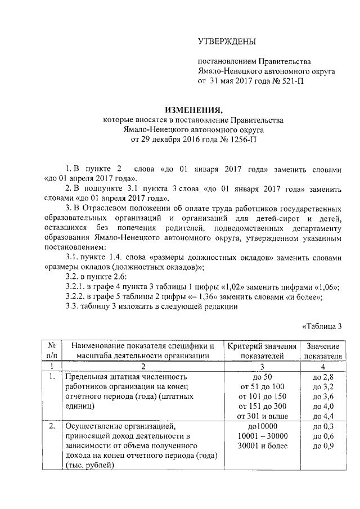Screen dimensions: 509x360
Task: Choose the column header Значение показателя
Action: coord(323,350)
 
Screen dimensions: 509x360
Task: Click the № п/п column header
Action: coord(51,350)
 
